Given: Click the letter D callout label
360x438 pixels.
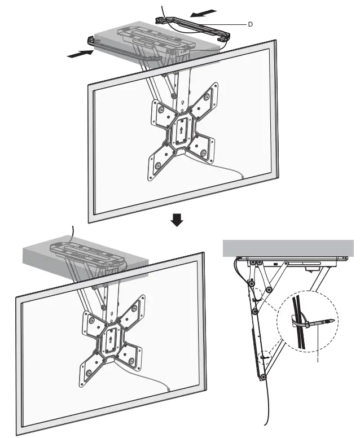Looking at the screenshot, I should [x=250, y=24].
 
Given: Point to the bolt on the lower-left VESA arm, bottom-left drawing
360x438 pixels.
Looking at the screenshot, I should [x=89, y=373].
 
